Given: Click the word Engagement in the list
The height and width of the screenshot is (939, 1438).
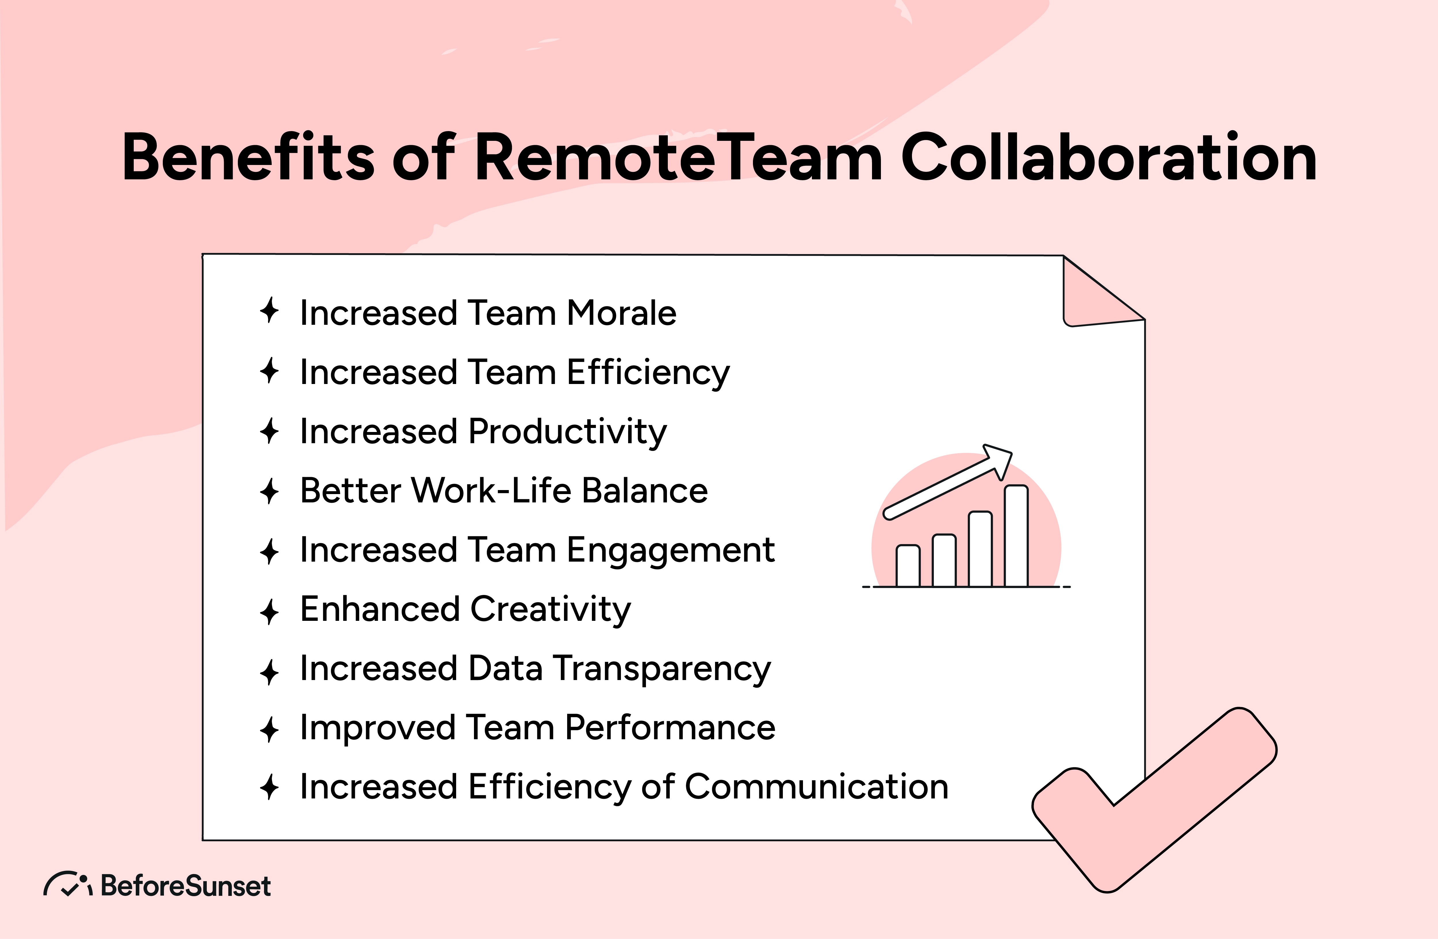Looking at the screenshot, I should [x=671, y=551].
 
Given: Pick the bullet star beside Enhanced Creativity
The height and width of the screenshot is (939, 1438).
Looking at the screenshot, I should [x=269, y=612].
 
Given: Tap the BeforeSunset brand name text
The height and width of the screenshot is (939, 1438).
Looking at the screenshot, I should [x=186, y=886].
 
